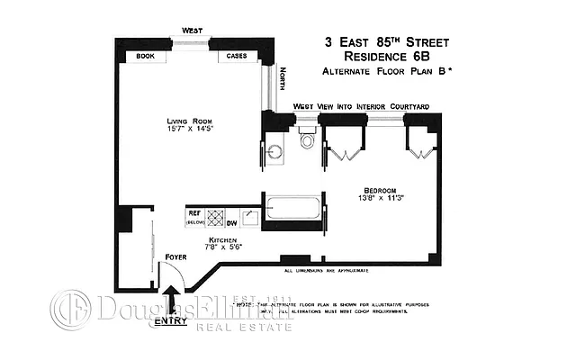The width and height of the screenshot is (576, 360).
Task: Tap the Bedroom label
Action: [x=377, y=190]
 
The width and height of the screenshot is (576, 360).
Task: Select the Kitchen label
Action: [x=223, y=238]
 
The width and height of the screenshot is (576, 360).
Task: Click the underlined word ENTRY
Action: [x=170, y=320]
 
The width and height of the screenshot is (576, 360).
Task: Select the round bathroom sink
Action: [x=275, y=152]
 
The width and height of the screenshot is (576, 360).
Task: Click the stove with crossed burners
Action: [x=215, y=217]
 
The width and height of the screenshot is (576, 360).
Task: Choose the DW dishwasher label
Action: [x=232, y=222]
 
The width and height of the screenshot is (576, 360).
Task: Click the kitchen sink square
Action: [x=250, y=216]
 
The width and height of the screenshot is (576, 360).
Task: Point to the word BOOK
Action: [x=146, y=56]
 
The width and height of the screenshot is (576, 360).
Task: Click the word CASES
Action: [x=237, y=56]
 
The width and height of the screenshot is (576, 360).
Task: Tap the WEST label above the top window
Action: [x=192, y=31]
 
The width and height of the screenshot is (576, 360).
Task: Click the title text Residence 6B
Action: [x=385, y=56]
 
